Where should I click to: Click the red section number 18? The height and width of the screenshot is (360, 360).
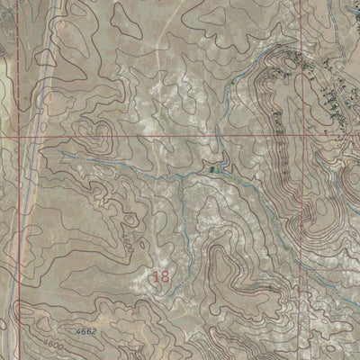point(161,276)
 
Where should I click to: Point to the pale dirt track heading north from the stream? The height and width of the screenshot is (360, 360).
point(162,90)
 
